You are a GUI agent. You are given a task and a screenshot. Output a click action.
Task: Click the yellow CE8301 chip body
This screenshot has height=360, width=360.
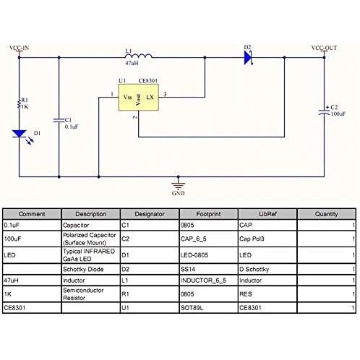pos(139,98)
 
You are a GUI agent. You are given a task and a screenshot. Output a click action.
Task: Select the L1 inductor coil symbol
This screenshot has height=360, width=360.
pos(139,56)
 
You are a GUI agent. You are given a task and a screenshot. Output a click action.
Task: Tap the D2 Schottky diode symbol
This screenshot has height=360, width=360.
pos(249,58)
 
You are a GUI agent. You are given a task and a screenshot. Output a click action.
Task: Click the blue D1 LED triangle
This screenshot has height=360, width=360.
pos(20,134)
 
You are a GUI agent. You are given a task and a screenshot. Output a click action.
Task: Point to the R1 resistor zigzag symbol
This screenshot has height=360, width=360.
pos(20,103)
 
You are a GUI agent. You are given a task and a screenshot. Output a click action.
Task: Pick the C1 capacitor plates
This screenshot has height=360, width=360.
pos(59,120)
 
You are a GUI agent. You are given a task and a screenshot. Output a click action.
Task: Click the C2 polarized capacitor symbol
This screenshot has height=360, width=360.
pos(324,112)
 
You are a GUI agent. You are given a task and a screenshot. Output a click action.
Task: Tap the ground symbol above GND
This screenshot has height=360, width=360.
pos(179,184)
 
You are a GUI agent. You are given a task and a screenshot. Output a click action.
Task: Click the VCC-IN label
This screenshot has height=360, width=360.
pos(20,48)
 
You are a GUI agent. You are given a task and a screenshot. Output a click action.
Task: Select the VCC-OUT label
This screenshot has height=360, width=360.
pos(324,48)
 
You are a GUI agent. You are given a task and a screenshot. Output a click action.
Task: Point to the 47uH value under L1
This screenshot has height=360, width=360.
pos(132,63)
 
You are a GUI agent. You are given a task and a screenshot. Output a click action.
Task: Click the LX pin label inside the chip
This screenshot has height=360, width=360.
pos(150,98)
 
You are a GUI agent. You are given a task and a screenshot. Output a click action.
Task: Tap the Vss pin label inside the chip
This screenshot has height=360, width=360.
pos(127,98)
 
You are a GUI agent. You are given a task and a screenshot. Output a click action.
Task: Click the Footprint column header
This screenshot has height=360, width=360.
pos(208,214)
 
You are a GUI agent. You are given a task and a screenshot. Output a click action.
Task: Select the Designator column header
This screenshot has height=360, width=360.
pos(150,214)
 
